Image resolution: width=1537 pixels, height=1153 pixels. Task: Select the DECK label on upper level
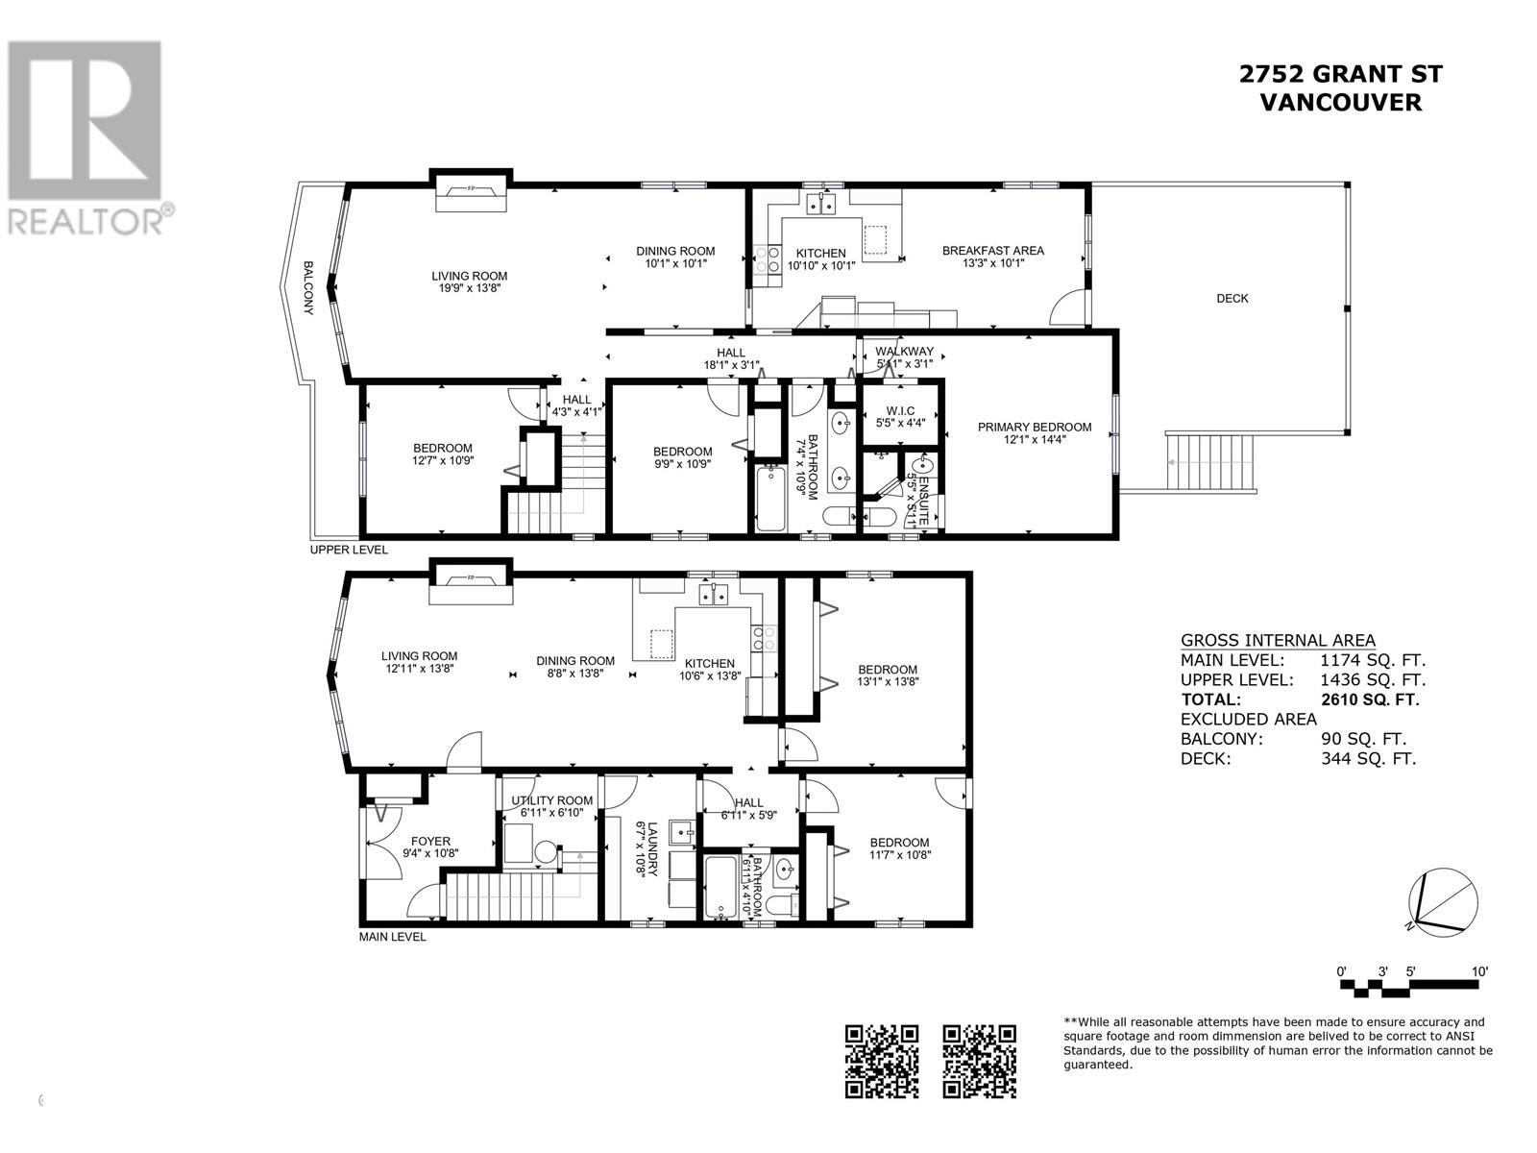(x=1232, y=299)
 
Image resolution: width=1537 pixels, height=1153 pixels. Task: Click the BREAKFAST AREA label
(x=992, y=251)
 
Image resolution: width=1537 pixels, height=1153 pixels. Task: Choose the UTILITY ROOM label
(x=551, y=800)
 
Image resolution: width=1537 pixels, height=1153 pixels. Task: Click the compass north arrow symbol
(x=1441, y=903)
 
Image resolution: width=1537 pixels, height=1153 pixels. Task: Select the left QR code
(x=882, y=1061)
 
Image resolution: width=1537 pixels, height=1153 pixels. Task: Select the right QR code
(x=979, y=1061)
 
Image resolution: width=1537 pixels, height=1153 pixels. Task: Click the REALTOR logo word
(x=86, y=221)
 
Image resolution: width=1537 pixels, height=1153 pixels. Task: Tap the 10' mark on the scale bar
(x=1479, y=972)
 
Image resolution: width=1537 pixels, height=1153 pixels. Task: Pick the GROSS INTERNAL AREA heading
(x=1277, y=641)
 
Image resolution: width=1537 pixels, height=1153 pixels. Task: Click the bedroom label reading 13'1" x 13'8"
(x=887, y=675)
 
